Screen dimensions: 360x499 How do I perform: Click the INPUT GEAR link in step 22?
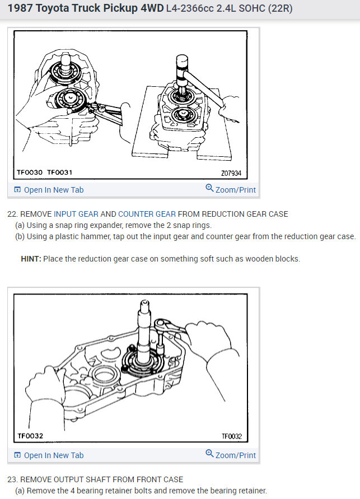coord(76,214)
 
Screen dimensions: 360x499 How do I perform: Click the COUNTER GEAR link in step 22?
coord(147,214)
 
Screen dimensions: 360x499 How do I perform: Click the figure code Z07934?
coord(231,173)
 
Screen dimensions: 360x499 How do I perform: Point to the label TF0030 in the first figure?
coord(30,172)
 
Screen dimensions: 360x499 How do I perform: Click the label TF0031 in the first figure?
coord(60,172)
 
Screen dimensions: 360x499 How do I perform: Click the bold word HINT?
coord(31,259)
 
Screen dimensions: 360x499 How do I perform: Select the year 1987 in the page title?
coord(20,8)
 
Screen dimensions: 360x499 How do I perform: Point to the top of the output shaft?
coord(144,302)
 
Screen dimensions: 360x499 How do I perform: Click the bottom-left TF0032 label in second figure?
coord(30,436)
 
